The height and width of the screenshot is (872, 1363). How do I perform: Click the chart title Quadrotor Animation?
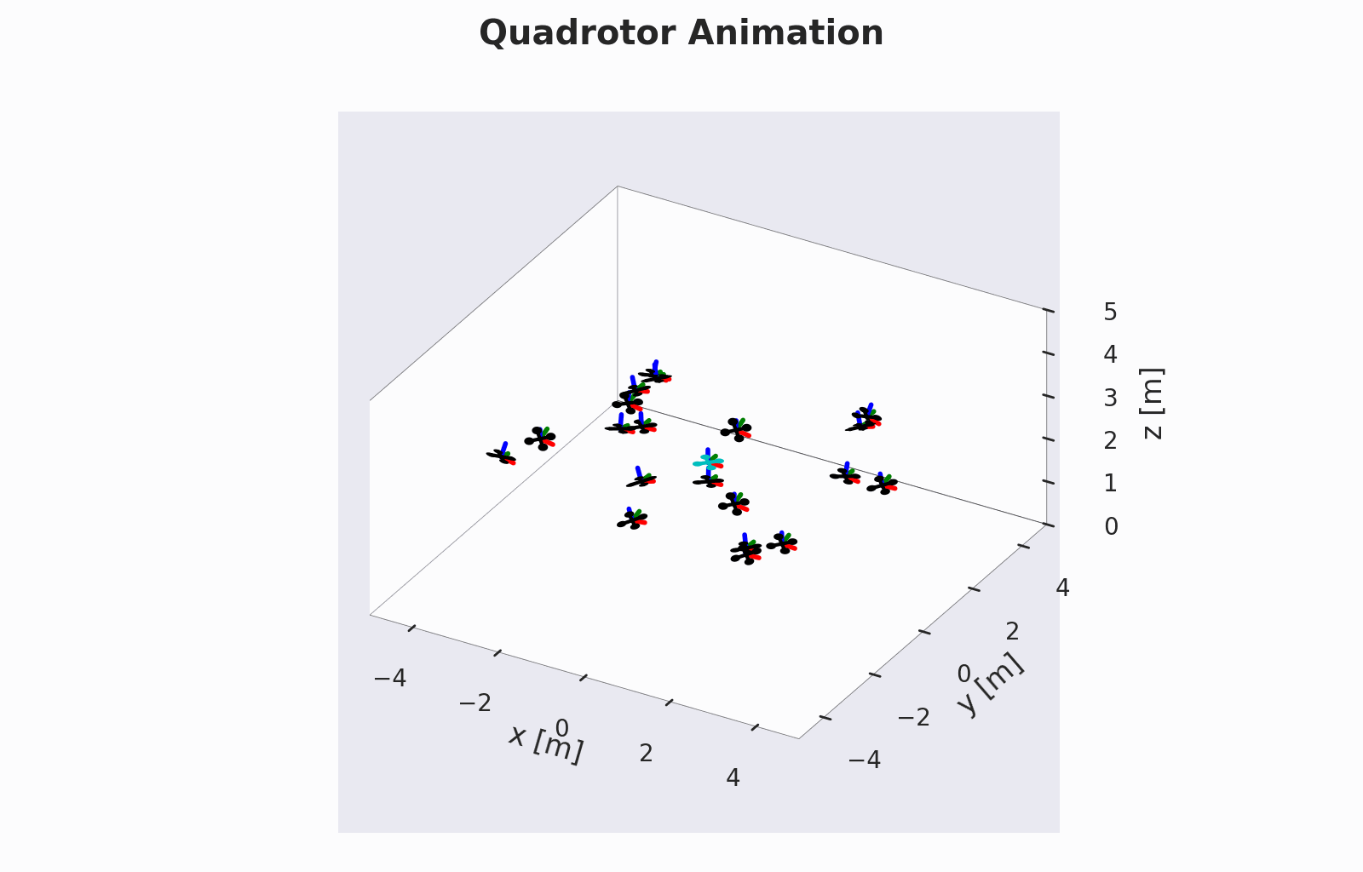point(681,33)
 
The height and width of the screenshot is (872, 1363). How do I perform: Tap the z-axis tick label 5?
point(1111,312)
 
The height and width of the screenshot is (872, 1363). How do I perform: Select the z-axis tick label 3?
point(1111,398)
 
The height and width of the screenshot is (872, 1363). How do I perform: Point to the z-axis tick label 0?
point(1111,526)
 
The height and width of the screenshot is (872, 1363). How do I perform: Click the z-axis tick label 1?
point(1111,484)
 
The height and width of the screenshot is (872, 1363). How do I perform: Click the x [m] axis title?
point(546,743)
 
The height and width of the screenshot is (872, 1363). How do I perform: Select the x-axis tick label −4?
point(390,677)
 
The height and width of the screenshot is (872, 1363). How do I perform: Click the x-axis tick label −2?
point(475,703)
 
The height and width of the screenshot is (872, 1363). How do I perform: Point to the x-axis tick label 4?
point(733,777)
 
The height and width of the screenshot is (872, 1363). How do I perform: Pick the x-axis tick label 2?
point(647,754)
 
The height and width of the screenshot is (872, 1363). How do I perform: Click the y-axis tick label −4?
point(865,760)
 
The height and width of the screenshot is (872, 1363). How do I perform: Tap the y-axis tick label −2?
point(915,718)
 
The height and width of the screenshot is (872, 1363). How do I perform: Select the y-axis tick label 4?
point(1062,588)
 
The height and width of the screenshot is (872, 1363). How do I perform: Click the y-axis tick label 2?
point(1013,632)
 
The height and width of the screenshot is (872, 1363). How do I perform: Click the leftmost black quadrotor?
point(502,454)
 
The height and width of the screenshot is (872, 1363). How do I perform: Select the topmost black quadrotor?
point(655,372)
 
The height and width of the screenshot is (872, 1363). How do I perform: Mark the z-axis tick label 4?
point(1111,354)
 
